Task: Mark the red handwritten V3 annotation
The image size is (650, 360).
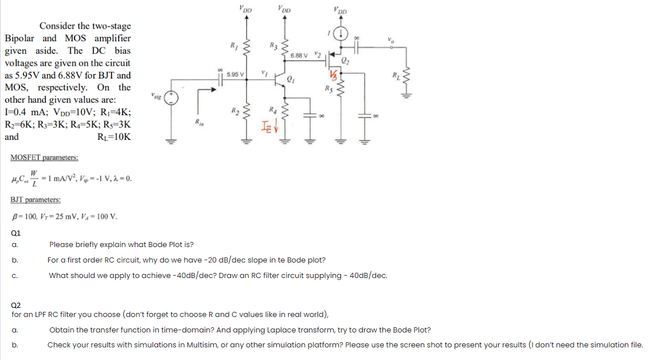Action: pos(332,75)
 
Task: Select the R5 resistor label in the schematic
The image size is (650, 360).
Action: pos(328,88)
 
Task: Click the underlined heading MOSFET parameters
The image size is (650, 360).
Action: pos(45,157)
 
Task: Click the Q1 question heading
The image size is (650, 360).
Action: pos(16,233)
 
